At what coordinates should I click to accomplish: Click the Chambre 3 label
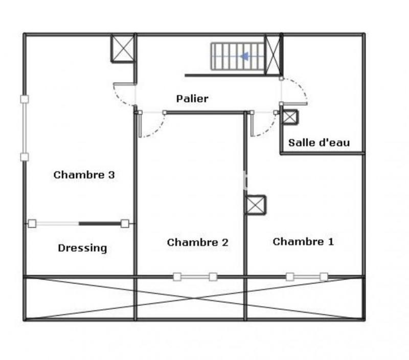pos(84,175)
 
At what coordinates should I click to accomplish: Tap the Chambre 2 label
pos(197,242)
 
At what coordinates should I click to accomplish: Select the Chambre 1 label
pos(303,241)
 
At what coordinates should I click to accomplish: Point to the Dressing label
pos(82,249)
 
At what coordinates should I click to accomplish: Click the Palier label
pos(192,99)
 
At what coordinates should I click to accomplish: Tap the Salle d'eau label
pos(319,143)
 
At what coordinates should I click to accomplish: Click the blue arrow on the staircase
pos(244,56)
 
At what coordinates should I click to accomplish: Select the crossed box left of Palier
pos(123,48)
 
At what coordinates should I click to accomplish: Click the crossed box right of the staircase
pos(273,55)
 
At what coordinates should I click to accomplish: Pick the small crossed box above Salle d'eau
pos(290,117)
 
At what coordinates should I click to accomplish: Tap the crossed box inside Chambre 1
pos(255,205)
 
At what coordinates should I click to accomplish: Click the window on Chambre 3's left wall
pos(24,128)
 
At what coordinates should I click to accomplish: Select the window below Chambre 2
pos(195,277)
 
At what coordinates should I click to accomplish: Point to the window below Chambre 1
pos(307,277)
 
